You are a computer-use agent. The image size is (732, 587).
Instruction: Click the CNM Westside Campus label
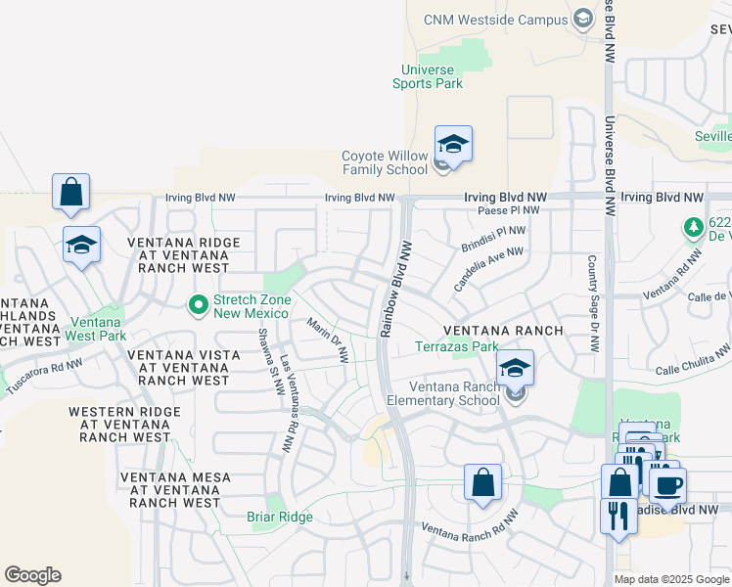pyautogui.click(x=495, y=20)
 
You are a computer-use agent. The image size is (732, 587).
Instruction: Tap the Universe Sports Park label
pyautogui.click(x=428, y=76)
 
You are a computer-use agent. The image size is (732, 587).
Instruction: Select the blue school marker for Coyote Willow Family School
pyautogui.click(x=453, y=145)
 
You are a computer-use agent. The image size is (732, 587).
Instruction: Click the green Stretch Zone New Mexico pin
pyautogui.click(x=199, y=306)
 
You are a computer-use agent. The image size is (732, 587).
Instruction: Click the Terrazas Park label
pyautogui.click(x=456, y=346)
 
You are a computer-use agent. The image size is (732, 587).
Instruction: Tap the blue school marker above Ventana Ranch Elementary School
pyautogui.click(x=515, y=369)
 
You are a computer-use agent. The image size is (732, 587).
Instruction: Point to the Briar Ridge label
pyautogui.click(x=280, y=518)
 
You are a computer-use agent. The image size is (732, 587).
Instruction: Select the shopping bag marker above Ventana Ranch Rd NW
pyautogui.click(x=482, y=483)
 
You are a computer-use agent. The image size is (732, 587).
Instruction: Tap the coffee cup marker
pyautogui.click(x=667, y=485)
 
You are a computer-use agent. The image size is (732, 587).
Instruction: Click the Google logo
pyautogui.click(x=32, y=575)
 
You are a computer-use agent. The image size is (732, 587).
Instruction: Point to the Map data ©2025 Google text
pyautogui.click(x=670, y=579)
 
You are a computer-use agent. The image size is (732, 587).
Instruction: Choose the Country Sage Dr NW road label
pyautogui.click(x=592, y=304)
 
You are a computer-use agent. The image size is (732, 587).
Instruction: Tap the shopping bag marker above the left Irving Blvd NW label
pyautogui.click(x=71, y=193)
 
